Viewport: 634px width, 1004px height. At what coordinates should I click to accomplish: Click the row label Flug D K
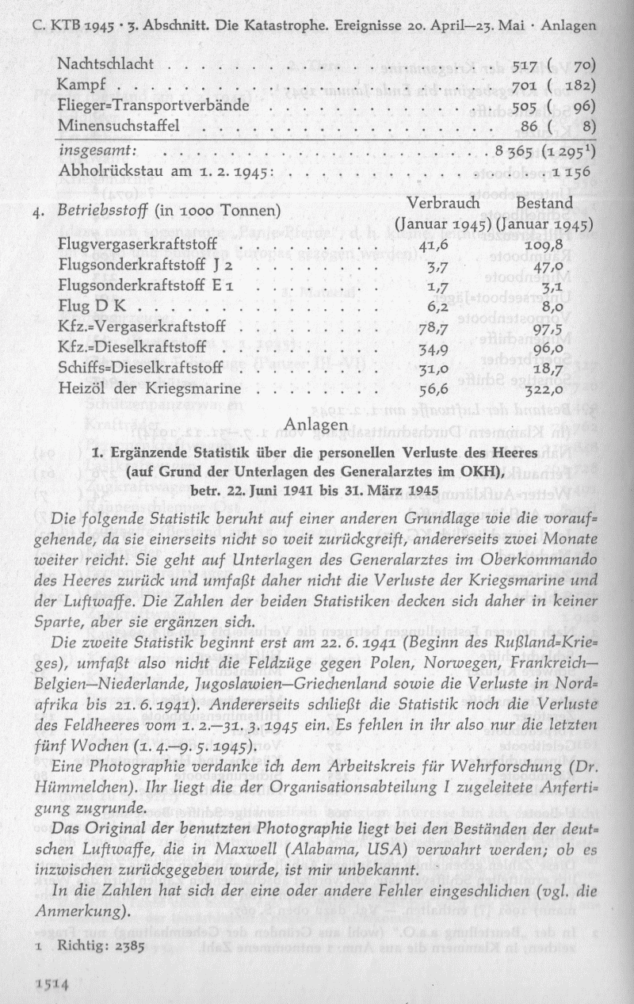87,305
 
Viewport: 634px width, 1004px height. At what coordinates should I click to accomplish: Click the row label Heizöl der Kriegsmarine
149,389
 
